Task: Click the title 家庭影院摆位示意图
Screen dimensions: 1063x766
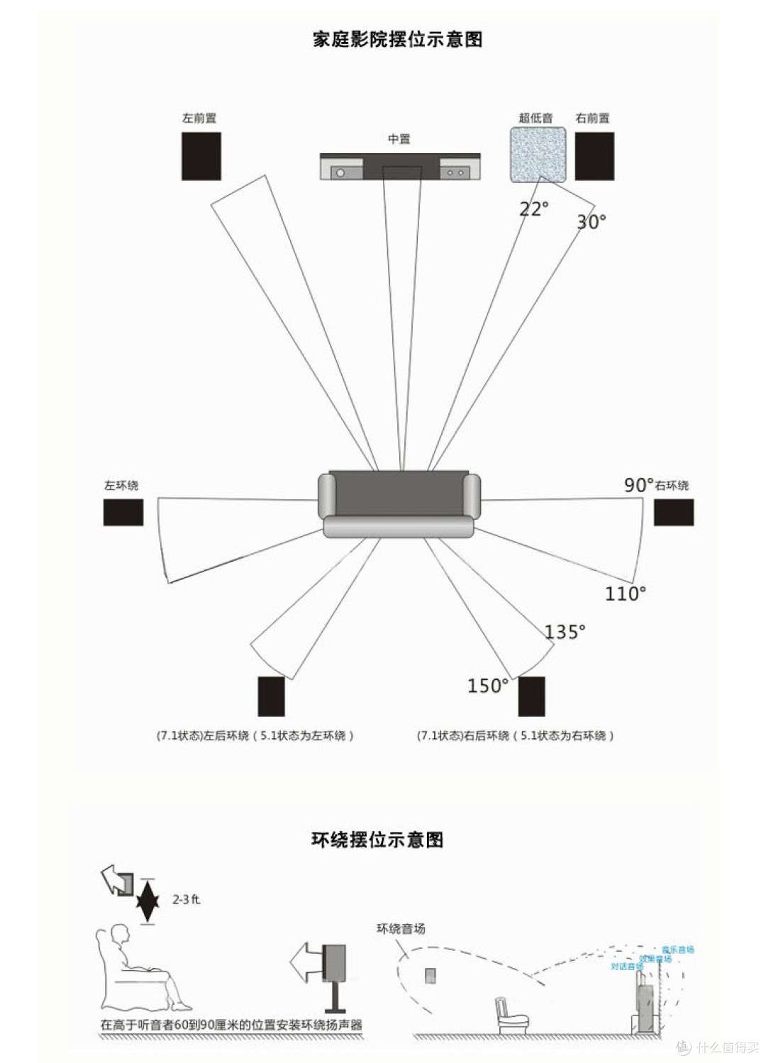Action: [x=397, y=40]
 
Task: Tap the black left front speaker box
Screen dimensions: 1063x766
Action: [x=201, y=156]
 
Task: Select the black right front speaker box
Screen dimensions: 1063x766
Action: [x=594, y=156]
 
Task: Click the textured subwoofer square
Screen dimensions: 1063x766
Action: [x=538, y=155]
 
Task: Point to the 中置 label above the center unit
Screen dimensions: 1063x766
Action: [x=399, y=139]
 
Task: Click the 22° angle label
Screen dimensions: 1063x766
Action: [x=533, y=209]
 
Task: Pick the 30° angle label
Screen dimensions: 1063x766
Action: [x=591, y=222]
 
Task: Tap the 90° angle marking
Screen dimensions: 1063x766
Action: [x=638, y=485]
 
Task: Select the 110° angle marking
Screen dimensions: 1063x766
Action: [x=625, y=594]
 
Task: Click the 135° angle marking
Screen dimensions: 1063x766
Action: [x=565, y=632]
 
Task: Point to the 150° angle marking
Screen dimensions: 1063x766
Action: [x=487, y=686]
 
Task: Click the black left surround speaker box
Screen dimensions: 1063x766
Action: [x=123, y=512]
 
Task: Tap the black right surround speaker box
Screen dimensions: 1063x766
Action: [x=673, y=512]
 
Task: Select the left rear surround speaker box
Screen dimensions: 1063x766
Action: [x=271, y=696]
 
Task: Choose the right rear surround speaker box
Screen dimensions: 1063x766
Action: [x=531, y=696]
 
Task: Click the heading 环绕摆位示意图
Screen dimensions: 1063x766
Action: [x=377, y=840]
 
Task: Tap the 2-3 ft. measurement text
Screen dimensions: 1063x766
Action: [x=187, y=900]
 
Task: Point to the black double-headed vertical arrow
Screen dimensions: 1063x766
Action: [x=147, y=901]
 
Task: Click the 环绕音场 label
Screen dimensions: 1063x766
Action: [x=401, y=929]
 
